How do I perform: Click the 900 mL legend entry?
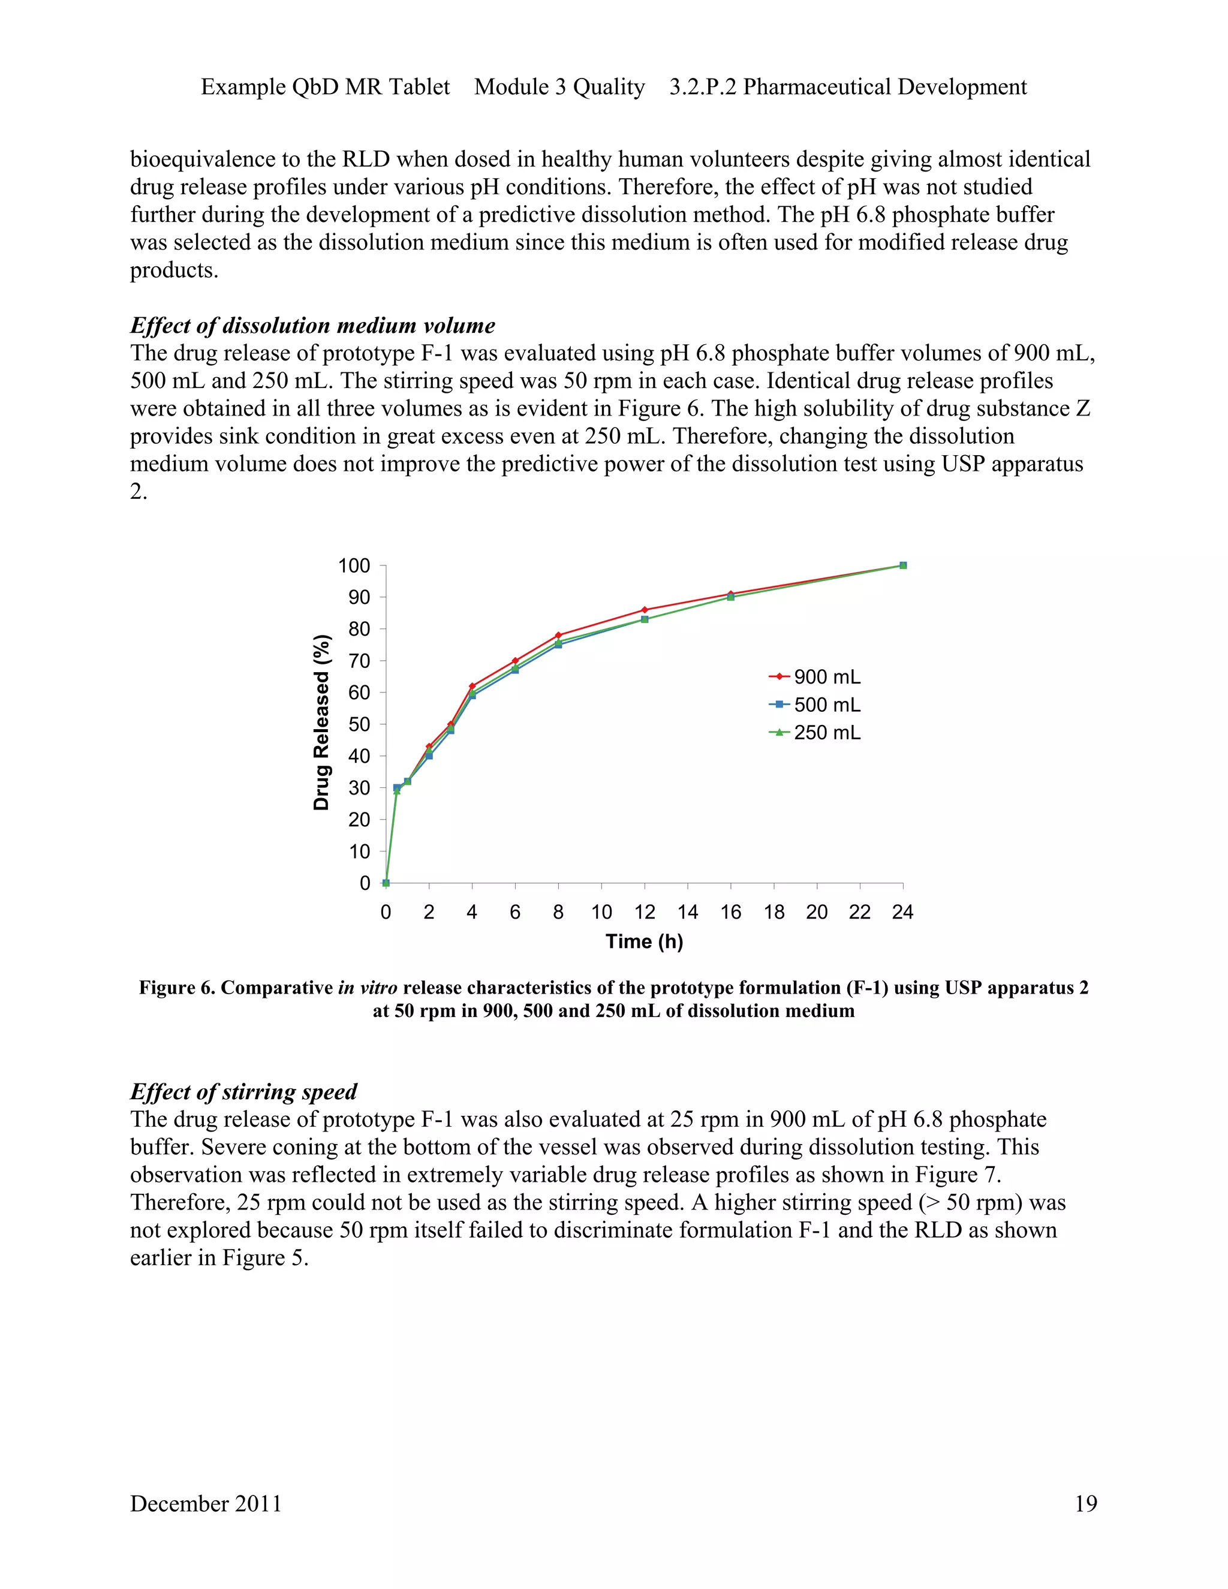click(815, 676)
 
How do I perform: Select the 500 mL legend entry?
click(815, 705)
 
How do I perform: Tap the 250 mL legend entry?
click(815, 732)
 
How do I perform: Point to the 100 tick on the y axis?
click(354, 565)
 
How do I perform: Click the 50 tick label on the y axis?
click(359, 724)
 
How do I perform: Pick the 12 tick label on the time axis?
click(645, 911)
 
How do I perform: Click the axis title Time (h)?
click(644, 941)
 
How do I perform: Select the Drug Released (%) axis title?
click(321, 723)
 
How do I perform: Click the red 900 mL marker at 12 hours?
click(645, 610)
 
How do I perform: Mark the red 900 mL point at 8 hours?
click(558, 635)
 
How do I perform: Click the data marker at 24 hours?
click(903, 565)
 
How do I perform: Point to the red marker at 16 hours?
click(730, 594)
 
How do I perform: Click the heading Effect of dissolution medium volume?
click(313, 325)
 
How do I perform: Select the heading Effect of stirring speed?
click(243, 1091)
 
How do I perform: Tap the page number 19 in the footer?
click(1085, 1503)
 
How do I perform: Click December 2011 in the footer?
click(206, 1503)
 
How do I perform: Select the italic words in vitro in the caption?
click(368, 988)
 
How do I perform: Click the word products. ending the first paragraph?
click(174, 270)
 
